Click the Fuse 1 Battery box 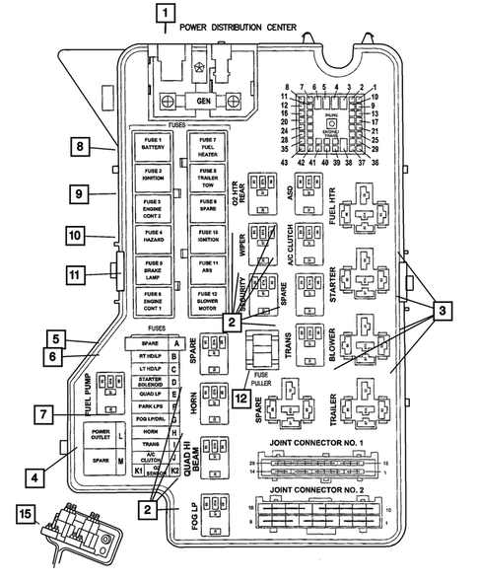(153, 150)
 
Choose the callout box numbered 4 (34, 477)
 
